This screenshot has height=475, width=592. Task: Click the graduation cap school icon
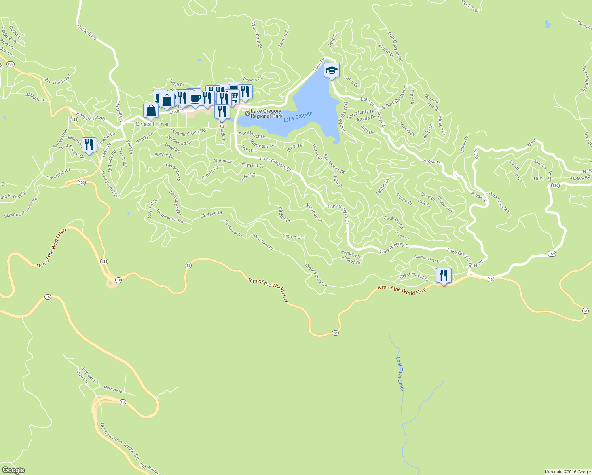point(332,70)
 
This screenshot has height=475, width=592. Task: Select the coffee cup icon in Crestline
point(195,98)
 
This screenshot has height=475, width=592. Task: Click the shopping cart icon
point(234,96)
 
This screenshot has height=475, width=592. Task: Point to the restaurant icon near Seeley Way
point(89,145)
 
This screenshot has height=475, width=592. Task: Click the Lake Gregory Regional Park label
point(266,114)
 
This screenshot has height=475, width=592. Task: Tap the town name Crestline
point(152,124)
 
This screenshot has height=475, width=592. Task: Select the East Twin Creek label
point(400,374)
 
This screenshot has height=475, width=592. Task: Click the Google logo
point(13,470)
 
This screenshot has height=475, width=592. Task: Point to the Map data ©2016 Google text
point(567,472)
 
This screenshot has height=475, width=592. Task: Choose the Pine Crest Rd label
point(499,202)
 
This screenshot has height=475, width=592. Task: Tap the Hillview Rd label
point(114,389)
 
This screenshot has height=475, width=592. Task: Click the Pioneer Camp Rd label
point(188,132)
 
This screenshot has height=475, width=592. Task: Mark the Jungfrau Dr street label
point(315,212)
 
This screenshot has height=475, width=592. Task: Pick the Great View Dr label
point(263,242)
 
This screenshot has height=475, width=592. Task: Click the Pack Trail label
point(470,6)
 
